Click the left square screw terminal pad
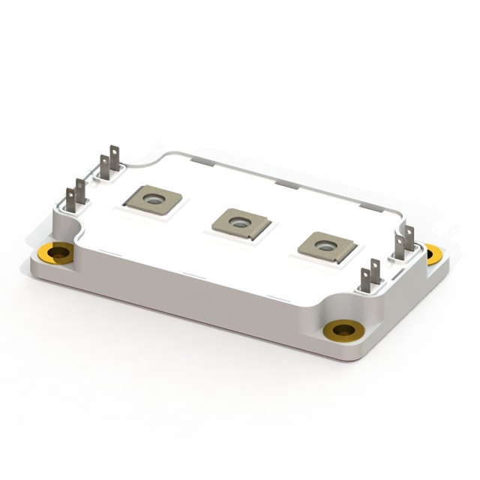(x=153, y=199)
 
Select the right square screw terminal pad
(x=325, y=246)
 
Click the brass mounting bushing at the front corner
(x=343, y=328)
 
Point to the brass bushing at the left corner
(x=57, y=252)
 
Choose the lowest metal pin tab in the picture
(x=365, y=280)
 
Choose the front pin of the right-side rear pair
(x=399, y=244)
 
